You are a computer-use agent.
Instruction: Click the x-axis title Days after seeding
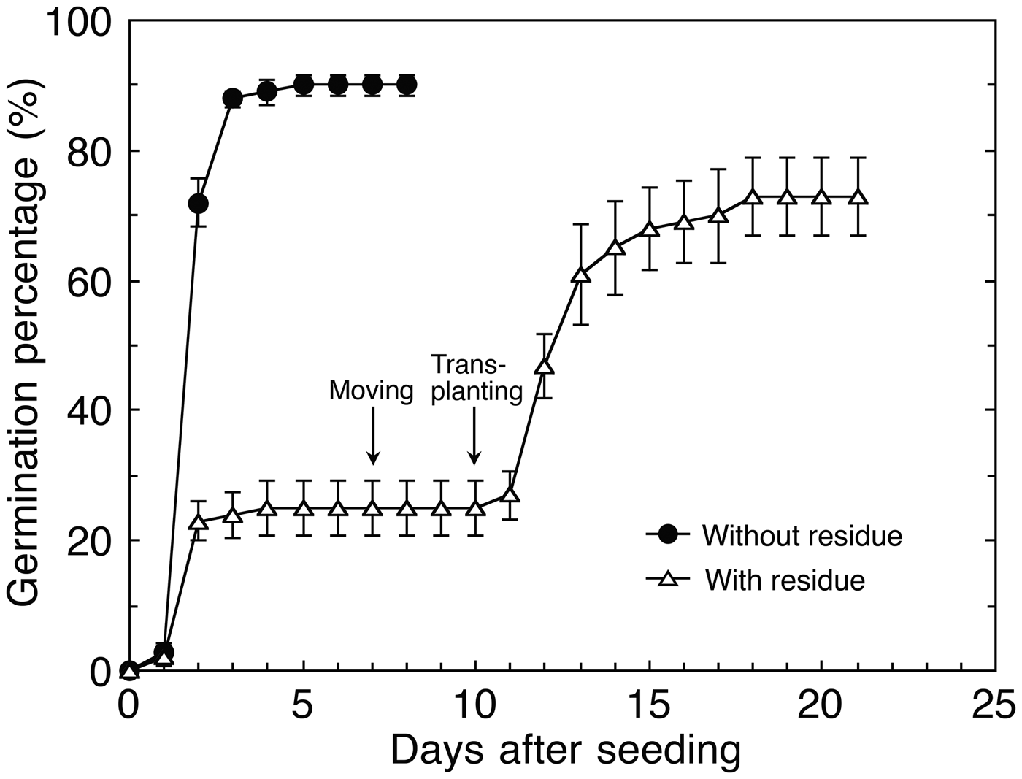point(565,751)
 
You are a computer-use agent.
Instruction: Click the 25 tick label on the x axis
point(994,706)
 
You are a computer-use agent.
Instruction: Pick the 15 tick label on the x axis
point(648,706)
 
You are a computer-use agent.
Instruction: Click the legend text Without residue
point(802,536)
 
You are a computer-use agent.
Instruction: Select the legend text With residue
point(785,580)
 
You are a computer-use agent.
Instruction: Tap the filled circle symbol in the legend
point(667,535)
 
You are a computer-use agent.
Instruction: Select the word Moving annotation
point(372,391)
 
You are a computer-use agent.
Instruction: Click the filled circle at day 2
point(198,203)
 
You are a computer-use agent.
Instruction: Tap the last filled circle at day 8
point(407,85)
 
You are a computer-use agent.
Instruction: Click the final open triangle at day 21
point(858,198)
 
